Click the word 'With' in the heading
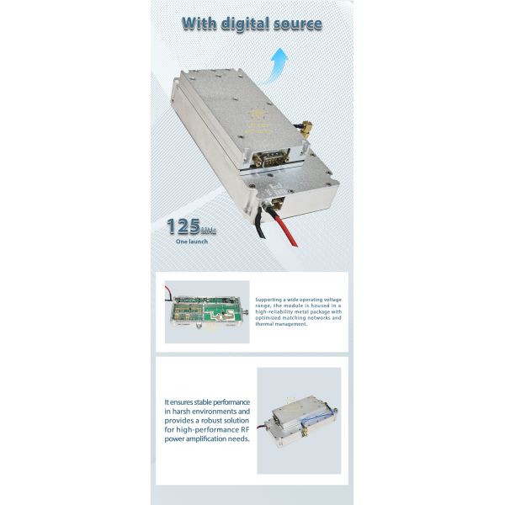coord(200,23)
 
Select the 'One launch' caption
coord(192,242)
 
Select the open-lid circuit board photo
coord(207,311)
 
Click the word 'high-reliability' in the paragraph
coord(274,311)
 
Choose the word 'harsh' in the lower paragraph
coord(187,412)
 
